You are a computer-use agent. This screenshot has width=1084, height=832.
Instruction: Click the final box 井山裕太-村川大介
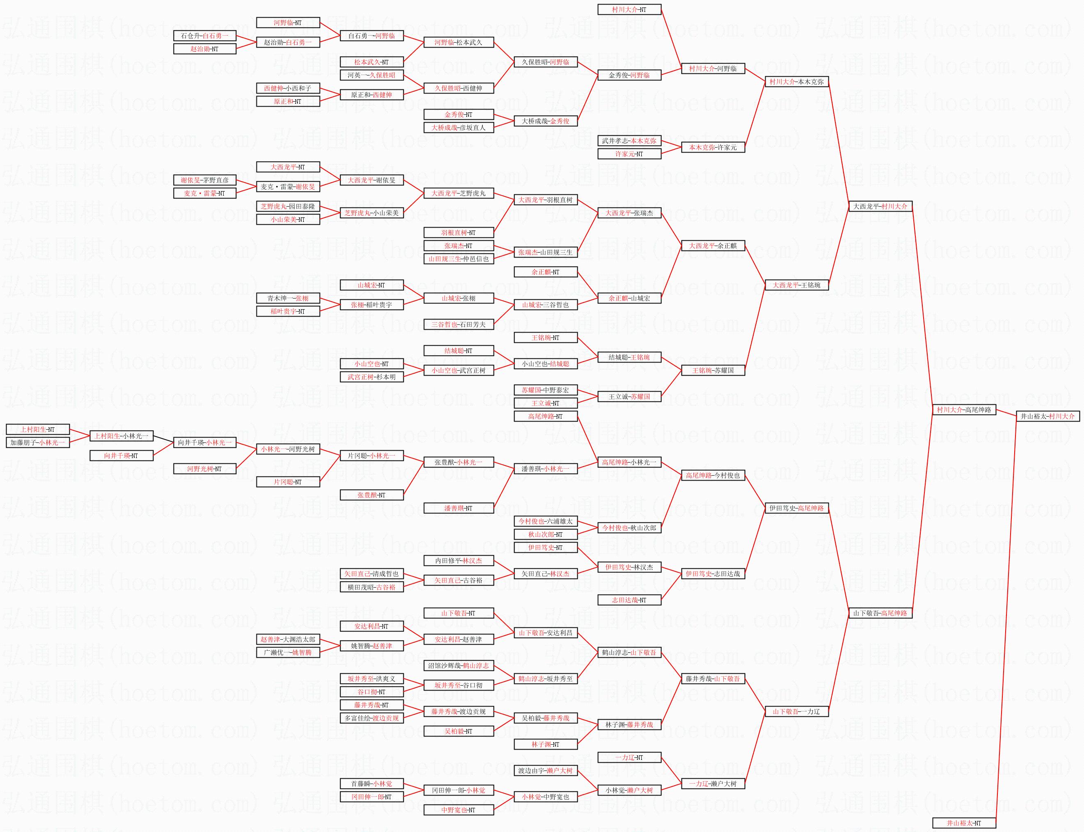click(x=1048, y=417)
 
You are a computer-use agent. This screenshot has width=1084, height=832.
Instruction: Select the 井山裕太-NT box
click(x=964, y=823)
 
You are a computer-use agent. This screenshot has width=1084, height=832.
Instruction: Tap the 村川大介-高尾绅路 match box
click(x=964, y=410)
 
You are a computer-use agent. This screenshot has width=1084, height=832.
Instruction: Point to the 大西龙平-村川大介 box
click(x=880, y=207)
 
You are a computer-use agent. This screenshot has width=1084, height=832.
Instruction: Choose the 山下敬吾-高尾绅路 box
click(x=880, y=613)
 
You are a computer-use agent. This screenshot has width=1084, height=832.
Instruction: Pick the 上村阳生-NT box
click(x=38, y=429)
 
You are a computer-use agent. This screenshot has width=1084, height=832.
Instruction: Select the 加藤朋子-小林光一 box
click(x=38, y=443)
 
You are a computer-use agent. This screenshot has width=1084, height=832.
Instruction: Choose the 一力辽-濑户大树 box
click(x=713, y=784)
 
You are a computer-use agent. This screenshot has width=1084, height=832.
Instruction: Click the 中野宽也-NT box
click(x=459, y=810)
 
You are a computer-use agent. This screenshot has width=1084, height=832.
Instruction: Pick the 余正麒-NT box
click(x=545, y=272)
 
